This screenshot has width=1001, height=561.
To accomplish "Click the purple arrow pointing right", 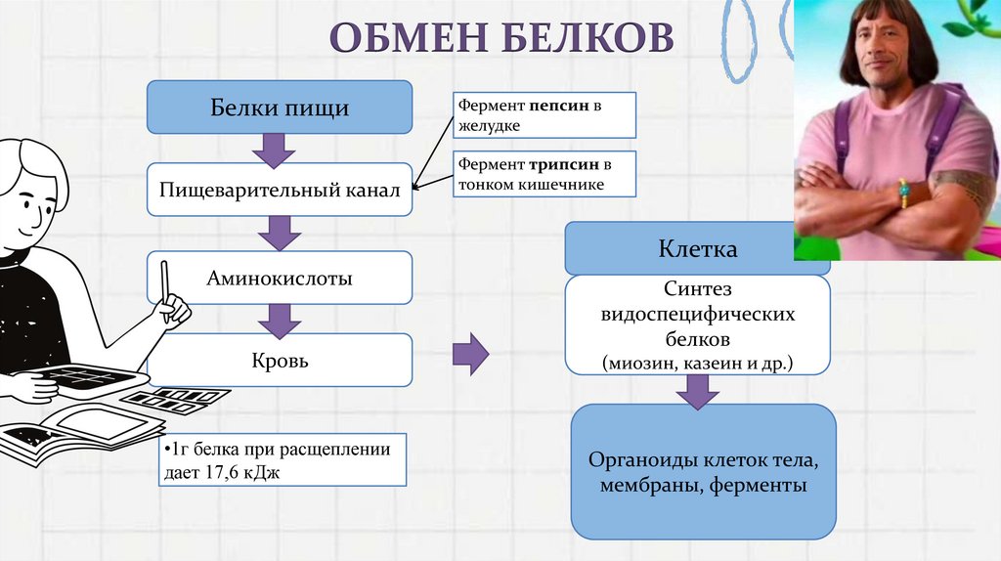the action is (472, 354).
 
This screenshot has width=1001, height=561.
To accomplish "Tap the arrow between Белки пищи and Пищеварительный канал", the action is (274, 149).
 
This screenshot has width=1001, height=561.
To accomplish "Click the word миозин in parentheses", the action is (636, 363).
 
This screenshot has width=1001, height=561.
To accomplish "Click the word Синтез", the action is (697, 291).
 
